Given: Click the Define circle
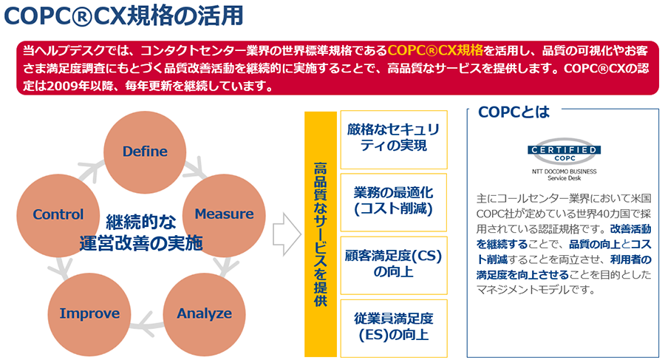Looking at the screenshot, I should pos(145,152).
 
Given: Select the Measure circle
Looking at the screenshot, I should pos(223,214).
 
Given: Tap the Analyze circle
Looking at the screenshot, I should pos(203,313).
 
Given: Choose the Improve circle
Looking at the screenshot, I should pos(89,313).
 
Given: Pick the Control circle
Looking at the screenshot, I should pos(58,215).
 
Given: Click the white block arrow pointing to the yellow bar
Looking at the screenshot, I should pos(286,235).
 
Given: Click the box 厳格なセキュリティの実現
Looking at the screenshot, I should pos(393,137).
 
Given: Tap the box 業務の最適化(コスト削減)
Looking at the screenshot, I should pos(393,200).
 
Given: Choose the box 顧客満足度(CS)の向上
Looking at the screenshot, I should pos(393,263).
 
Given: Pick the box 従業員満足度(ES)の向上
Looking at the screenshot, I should pos(393,326).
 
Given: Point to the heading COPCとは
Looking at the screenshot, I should pos(514,112).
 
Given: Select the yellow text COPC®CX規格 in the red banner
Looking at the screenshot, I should pos(435,50).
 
